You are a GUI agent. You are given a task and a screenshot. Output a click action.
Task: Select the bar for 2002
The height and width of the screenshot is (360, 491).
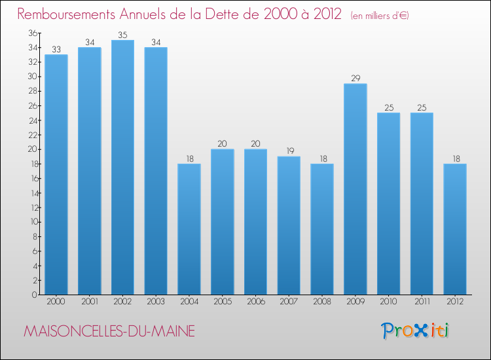click(122, 167)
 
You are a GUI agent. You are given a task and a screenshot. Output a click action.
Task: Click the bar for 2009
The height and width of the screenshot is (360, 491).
click(355, 189)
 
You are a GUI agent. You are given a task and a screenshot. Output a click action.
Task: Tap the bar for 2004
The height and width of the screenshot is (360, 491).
click(189, 229)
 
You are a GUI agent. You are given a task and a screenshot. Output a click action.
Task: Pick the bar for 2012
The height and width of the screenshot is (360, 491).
click(454, 229)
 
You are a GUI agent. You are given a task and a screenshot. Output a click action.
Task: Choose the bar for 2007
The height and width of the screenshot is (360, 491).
click(289, 225)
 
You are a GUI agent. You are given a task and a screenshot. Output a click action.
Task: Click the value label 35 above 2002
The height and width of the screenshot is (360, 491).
click(122, 35)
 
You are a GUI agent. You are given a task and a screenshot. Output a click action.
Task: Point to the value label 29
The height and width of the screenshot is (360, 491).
click(355, 79)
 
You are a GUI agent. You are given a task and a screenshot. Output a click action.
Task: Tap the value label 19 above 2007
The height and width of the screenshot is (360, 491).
click(289, 151)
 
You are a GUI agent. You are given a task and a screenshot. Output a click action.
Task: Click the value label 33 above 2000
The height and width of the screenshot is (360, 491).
click(56, 50)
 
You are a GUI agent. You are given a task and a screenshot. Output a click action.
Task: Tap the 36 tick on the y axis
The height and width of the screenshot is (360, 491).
click(31, 33)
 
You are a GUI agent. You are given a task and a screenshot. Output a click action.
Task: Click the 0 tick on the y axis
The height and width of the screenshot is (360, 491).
click(33, 295)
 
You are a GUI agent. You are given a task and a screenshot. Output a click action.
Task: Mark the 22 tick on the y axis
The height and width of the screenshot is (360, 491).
click(31, 135)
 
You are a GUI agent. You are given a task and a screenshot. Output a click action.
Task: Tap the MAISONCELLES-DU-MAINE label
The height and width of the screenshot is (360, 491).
click(109, 331)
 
